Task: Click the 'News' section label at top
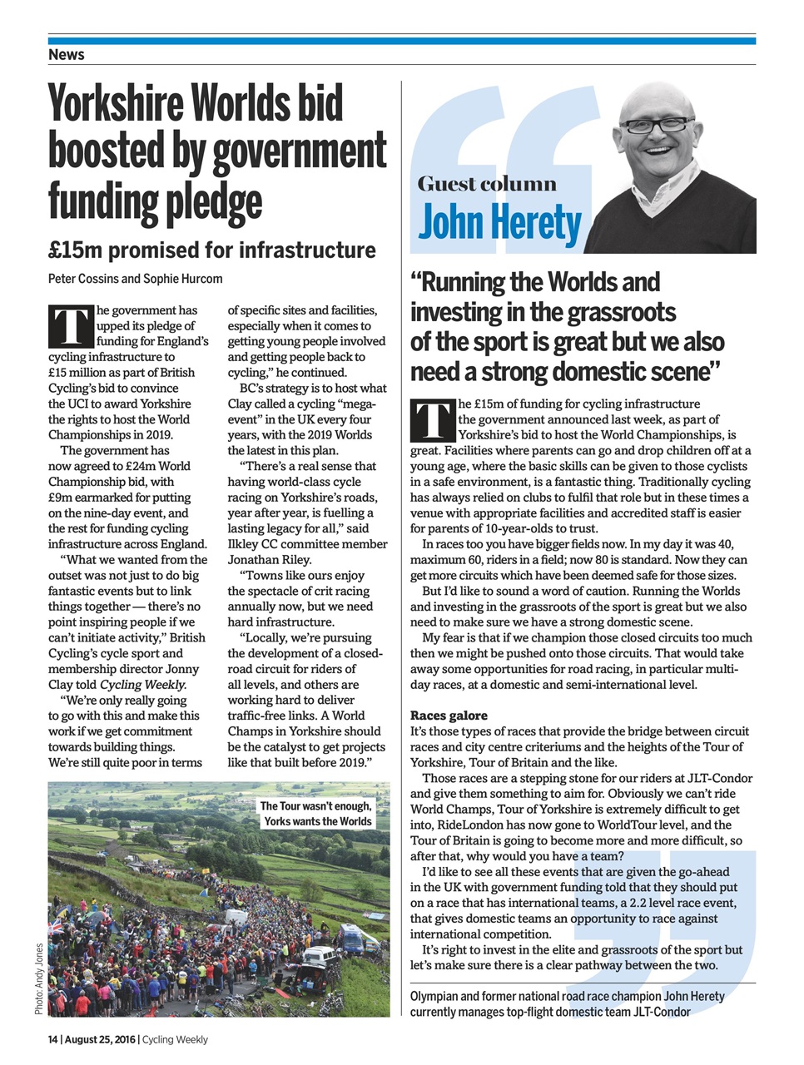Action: point(67,54)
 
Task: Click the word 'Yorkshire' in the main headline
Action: point(116,104)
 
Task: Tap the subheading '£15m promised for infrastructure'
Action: point(211,250)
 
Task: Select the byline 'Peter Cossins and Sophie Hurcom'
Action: point(135,279)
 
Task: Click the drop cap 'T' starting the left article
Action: point(71,326)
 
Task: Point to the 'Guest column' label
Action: point(487,184)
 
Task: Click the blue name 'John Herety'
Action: point(499,223)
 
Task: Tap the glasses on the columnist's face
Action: point(658,126)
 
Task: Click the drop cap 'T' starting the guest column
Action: point(433,420)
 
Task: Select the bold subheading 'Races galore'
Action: point(449,716)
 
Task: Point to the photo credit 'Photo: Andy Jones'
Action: point(39,978)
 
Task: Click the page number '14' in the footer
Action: point(53,1039)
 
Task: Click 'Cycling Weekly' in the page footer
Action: point(176,1039)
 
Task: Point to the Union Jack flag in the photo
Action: point(57,924)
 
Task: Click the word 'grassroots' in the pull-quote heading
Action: point(620,312)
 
